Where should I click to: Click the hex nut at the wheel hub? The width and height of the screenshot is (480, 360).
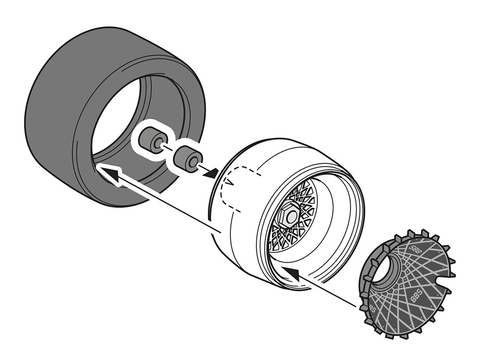(289, 215)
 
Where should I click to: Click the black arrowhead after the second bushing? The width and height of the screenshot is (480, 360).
(209, 174)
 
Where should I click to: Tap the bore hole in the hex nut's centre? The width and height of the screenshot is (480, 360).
(291, 216)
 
